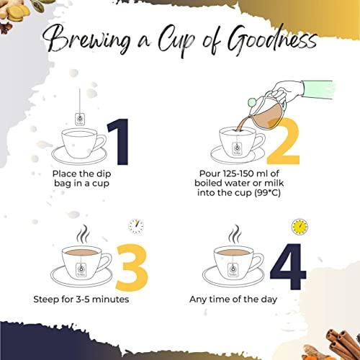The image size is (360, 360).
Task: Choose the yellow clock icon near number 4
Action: tap(297, 225)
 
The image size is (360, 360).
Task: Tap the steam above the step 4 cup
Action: tap(235, 234)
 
